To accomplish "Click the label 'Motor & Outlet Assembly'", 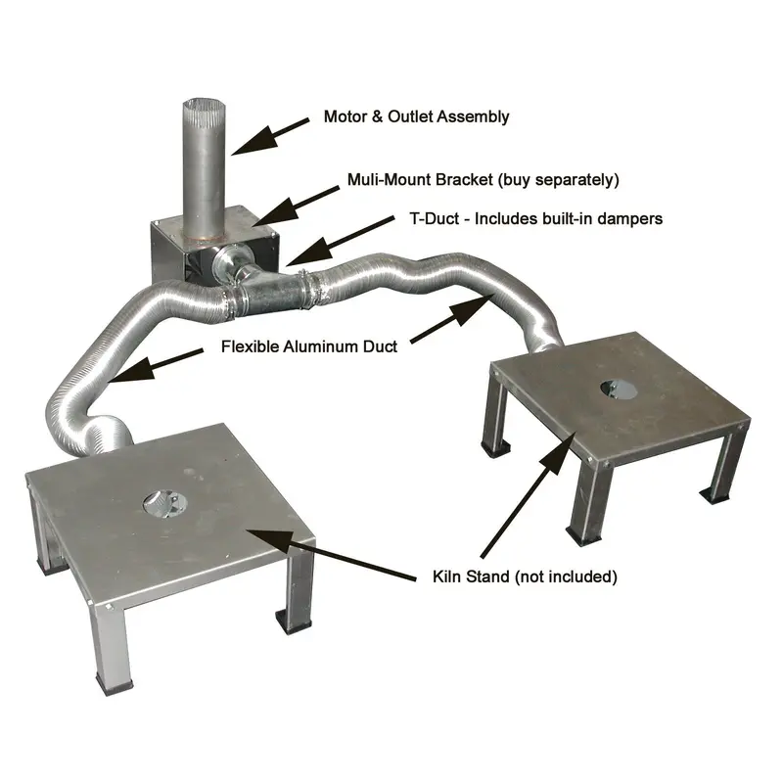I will pyautogui.click(x=416, y=116).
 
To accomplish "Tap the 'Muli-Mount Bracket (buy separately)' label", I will pyautogui.click(x=484, y=180).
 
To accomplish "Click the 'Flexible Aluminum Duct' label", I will pyautogui.click(x=309, y=346).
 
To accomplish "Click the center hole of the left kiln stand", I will pyautogui.click(x=162, y=504).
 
